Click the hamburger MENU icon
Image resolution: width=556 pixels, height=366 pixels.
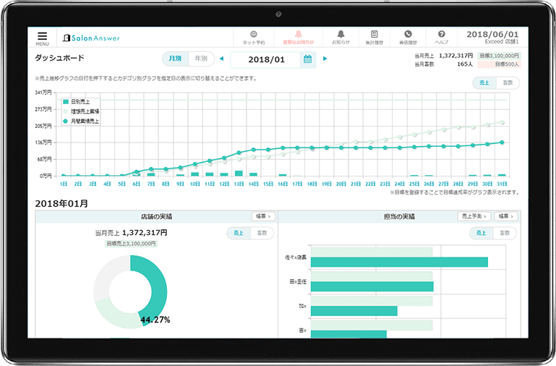tap(42, 36)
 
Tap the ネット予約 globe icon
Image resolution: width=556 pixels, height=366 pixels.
tap(254, 34)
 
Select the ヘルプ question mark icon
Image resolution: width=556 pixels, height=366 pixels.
tap(441, 34)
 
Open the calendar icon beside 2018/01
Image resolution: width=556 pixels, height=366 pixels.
tap(308, 59)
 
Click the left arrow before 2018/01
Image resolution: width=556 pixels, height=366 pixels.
tap(221, 59)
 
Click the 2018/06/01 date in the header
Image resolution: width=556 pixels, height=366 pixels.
tap(492, 34)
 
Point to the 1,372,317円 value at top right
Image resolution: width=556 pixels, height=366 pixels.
tap(455, 55)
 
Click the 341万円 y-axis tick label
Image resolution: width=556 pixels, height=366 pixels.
tap(43, 93)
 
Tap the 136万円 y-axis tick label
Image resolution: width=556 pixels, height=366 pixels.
tap(43, 142)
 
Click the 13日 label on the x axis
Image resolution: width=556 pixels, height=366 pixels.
tap(239, 184)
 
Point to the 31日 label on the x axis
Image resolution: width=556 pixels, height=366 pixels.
tap(502, 184)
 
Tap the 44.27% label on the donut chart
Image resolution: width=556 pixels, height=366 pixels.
tap(155, 319)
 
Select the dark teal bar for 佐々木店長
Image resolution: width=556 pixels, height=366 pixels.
tap(390, 262)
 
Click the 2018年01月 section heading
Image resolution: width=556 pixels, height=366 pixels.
tap(61, 203)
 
